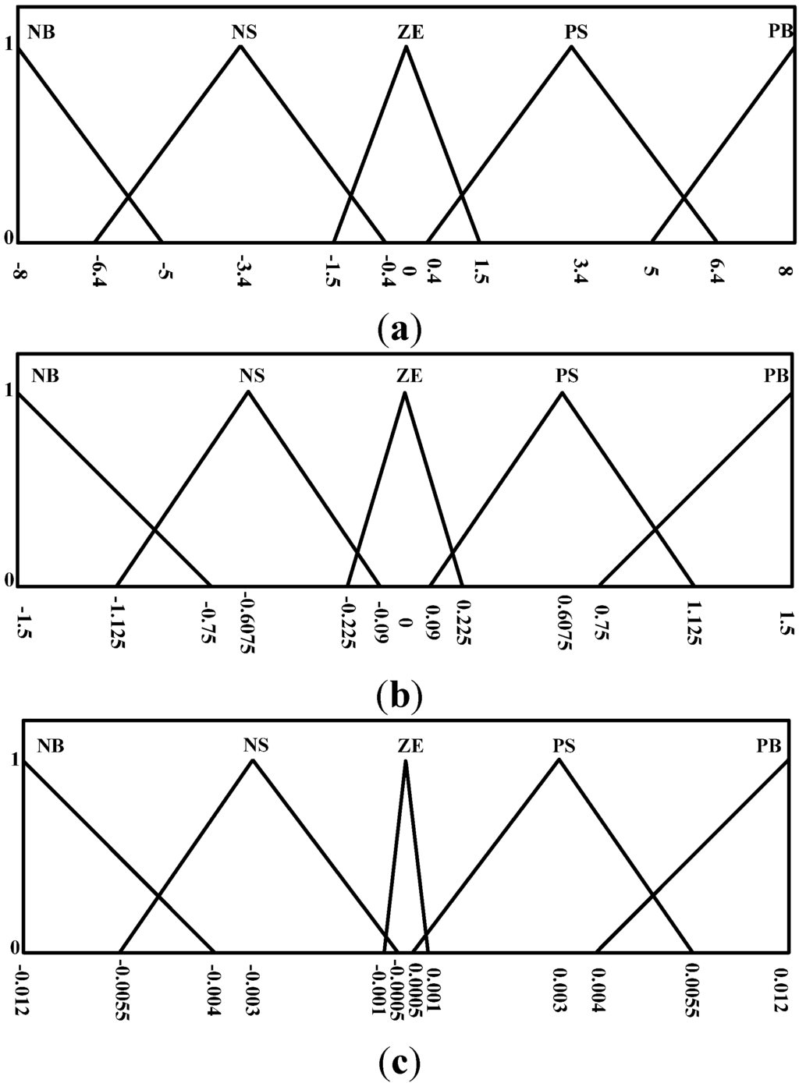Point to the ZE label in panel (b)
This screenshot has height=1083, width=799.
(x=405, y=376)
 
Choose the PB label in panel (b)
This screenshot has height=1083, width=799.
(x=776, y=376)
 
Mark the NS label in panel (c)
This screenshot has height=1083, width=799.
(x=256, y=745)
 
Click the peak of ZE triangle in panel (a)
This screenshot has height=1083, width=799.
(x=406, y=46)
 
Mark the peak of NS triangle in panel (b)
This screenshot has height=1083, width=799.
(x=248, y=391)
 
